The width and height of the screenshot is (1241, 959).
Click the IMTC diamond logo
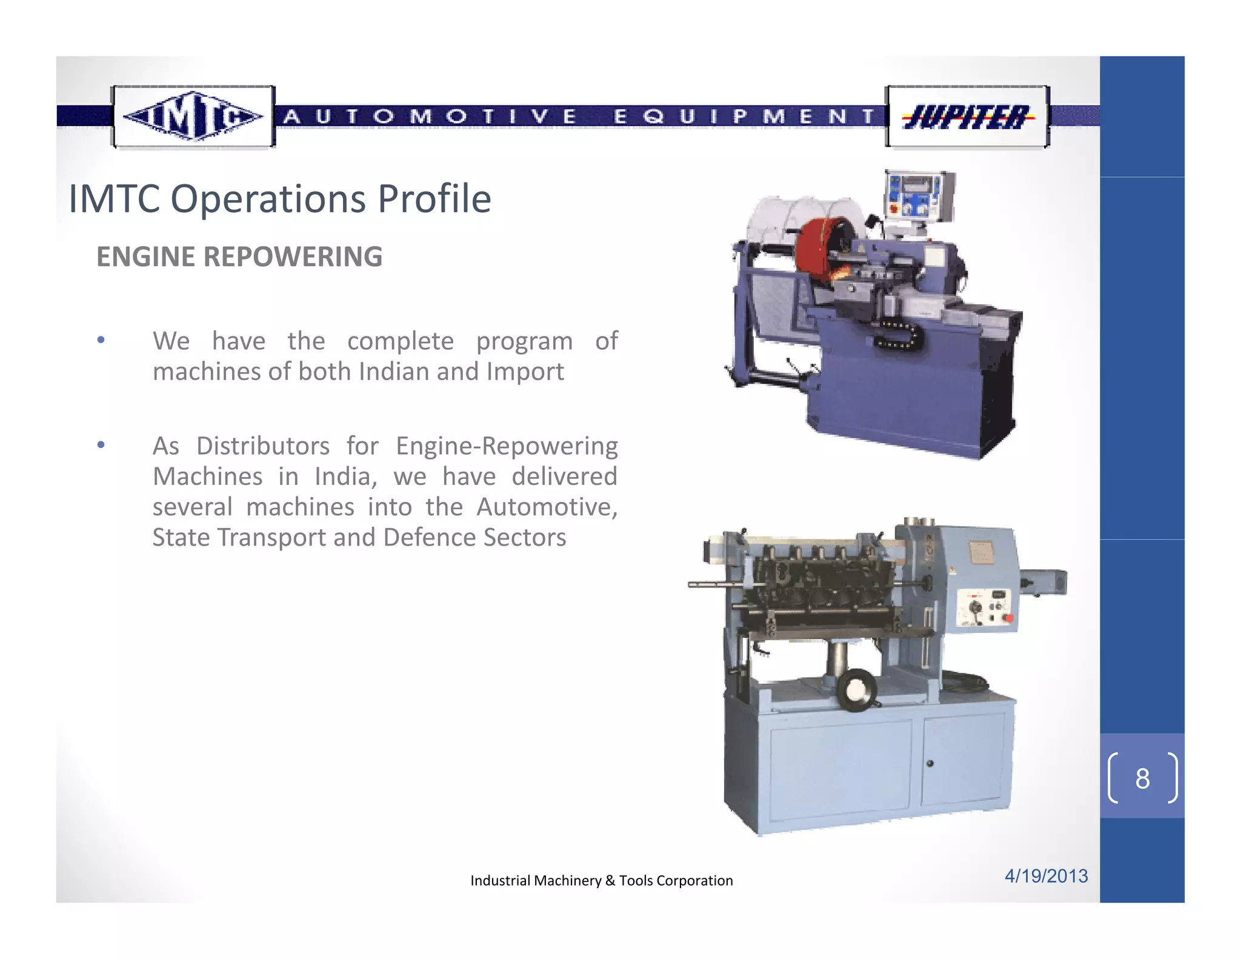click(193, 116)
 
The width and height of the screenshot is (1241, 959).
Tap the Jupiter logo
click(967, 117)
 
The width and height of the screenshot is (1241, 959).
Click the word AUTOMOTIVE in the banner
click(430, 116)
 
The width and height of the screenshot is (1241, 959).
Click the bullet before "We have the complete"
click(101, 339)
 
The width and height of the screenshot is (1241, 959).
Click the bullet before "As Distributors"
click(101, 445)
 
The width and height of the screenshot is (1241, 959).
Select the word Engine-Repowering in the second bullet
click(507, 446)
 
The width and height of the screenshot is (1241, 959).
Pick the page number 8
click(1142, 778)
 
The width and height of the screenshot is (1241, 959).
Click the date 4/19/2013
click(1046, 876)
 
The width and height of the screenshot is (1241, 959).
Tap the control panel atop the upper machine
click(918, 196)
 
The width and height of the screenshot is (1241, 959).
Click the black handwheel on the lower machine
click(857, 690)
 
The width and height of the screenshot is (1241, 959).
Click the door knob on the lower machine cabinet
click(930, 763)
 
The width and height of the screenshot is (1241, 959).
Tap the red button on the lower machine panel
click(1009, 618)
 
